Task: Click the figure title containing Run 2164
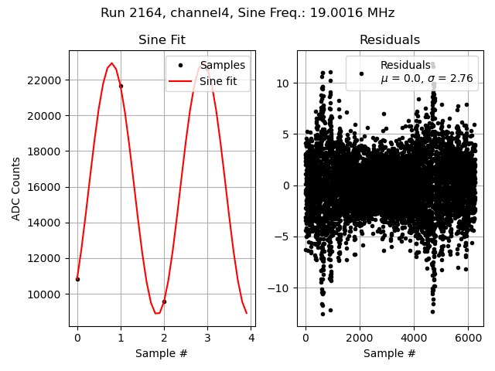pos(247,13)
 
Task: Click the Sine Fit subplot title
pos(162,40)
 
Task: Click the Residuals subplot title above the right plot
pos(390,40)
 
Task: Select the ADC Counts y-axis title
pos(17,189)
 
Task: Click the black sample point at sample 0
pos(77,279)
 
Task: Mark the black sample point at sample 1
pos(121,86)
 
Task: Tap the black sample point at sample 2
pos(164,301)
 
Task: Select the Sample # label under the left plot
pos(162,354)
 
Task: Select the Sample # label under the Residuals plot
pos(390,354)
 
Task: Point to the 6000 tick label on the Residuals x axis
pos(467,339)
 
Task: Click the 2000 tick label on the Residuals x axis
pos(359,339)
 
